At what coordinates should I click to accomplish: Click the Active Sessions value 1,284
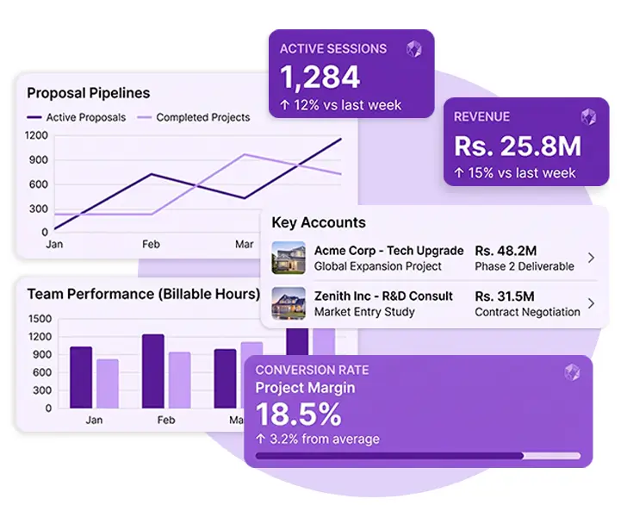320,77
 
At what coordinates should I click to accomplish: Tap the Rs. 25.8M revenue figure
518,146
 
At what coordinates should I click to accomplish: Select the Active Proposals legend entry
77,117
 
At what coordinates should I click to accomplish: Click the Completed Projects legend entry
194,117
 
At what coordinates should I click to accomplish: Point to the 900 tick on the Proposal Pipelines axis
36,160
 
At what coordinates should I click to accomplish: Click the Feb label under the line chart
151,244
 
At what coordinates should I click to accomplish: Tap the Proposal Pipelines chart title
89,93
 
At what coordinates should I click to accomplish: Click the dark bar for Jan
81,377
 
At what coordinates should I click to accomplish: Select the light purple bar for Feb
179,380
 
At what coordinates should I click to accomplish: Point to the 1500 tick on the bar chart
40,319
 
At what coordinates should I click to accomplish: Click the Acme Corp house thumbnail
289,258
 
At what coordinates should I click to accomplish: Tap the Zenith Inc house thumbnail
289,303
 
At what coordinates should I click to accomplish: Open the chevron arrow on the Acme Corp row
592,258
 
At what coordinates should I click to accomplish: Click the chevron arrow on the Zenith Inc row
592,303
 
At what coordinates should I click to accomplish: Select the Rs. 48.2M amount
506,251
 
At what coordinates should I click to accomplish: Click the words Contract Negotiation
527,312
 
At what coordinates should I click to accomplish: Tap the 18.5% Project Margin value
299,414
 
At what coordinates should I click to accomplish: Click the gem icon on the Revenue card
588,117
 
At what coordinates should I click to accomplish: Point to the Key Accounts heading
319,222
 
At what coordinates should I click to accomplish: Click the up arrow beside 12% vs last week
284,105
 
